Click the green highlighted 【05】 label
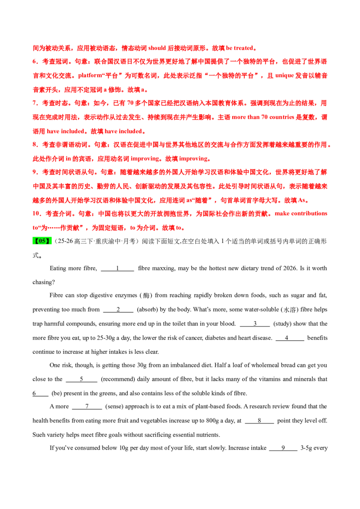click(x=42, y=241)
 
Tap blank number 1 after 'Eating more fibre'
click(x=117, y=269)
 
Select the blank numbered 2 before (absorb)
click(x=118, y=310)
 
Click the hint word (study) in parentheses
click(x=284, y=324)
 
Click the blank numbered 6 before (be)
click(x=40, y=394)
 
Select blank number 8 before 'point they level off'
click(x=259, y=421)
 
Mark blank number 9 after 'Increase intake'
click(x=283, y=448)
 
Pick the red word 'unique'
click(x=284, y=76)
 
